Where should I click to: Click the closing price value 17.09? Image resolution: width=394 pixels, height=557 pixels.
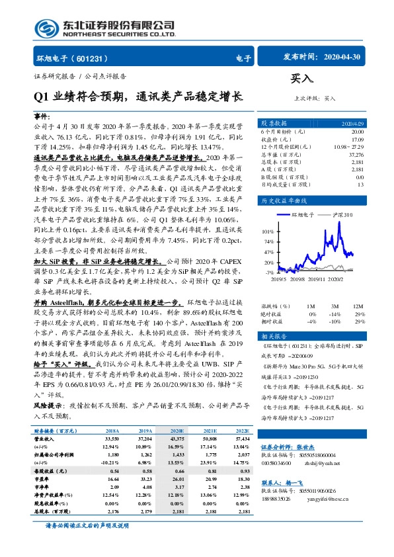[357, 139]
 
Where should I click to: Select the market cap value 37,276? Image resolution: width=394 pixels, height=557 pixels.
[355, 154]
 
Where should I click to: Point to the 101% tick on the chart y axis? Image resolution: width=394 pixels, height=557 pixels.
[269, 232]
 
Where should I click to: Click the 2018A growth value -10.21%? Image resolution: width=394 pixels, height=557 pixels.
[109, 460]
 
